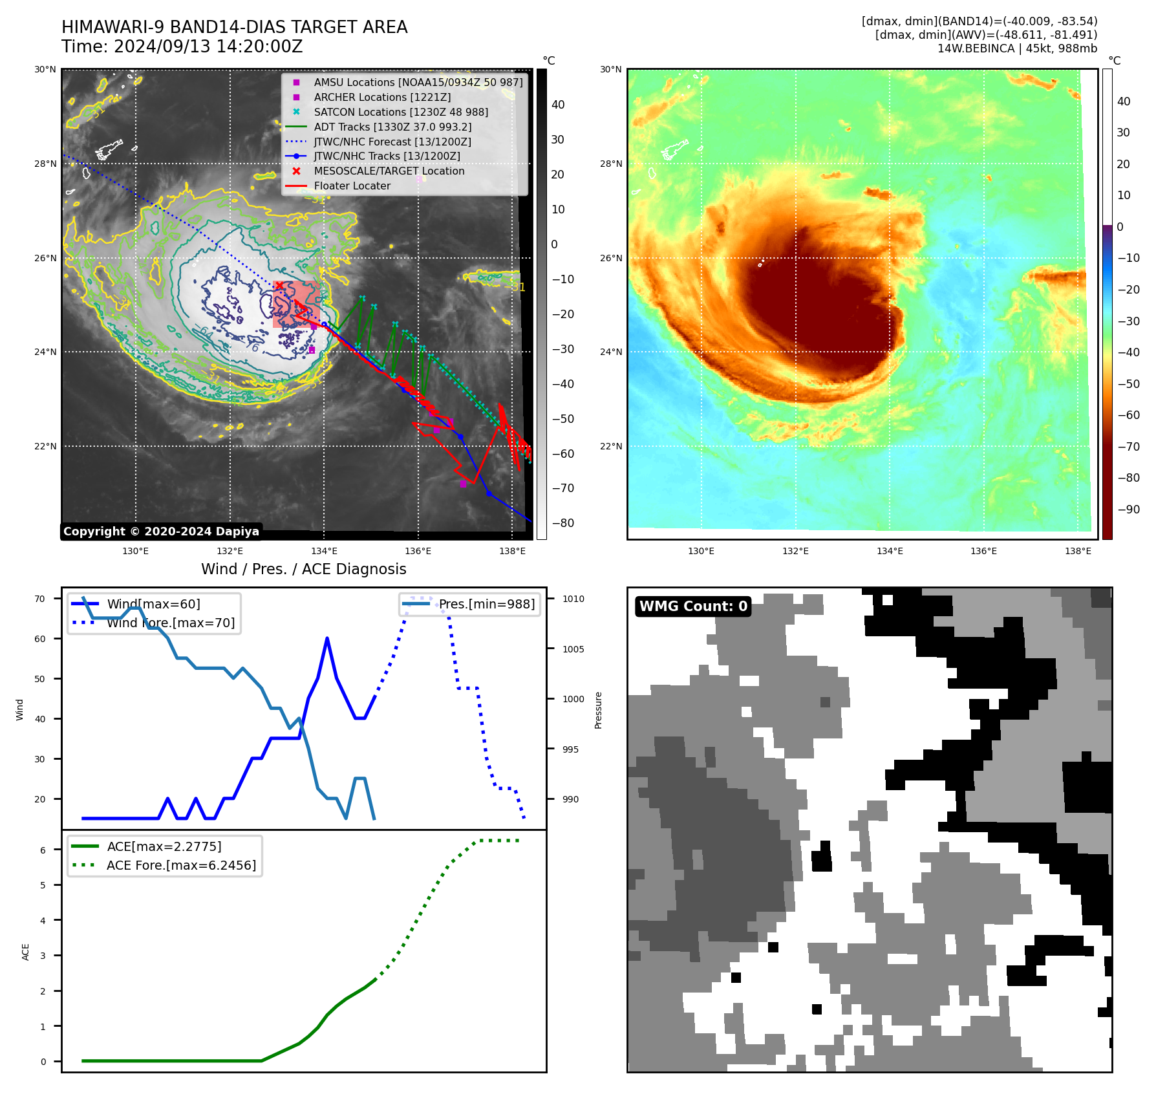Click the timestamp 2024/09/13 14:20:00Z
coord(208,47)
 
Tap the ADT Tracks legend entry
coord(392,127)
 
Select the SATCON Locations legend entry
coord(400,113)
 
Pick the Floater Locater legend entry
coord(352,186)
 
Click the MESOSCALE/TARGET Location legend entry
coord(389,171)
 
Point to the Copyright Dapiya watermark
coord(161,532)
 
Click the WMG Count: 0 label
coord(693,607)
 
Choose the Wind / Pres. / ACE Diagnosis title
coord(303,570)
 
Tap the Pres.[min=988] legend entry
coord(486,605)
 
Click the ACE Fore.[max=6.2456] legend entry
coord(181,866)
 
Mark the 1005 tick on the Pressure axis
coord(573,649)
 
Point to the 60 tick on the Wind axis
coord(40,639)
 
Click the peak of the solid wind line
coord(327,639)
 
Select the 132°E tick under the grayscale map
coord(230,552)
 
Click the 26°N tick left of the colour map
coord(610,258)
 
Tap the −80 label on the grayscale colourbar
coord(562,523)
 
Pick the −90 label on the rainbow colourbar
coord(1128,510)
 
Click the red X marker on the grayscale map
coord(279,285)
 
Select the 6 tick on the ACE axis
coord(43,850)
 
